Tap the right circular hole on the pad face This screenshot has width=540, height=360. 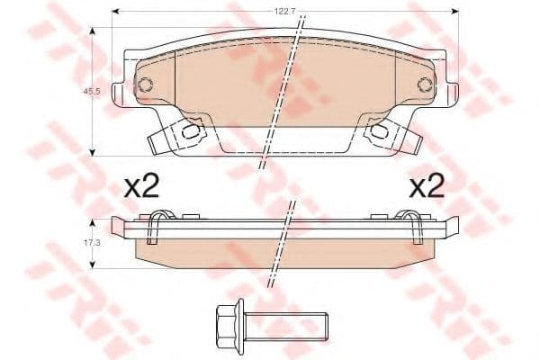point(425,85)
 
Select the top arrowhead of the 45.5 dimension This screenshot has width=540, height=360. point(92,30)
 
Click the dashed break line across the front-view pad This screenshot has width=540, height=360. point(279,99)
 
